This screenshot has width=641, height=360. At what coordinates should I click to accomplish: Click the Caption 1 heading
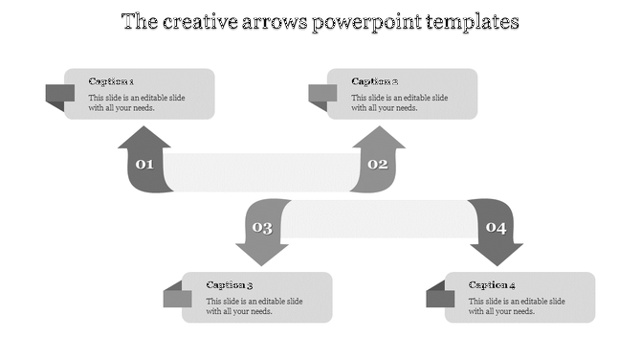(111, 81)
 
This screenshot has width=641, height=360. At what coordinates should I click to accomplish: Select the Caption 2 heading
(374, 81)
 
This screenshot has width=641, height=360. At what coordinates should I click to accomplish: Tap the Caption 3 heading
(230, 284)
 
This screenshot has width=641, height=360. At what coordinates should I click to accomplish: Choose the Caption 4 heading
(493, 284)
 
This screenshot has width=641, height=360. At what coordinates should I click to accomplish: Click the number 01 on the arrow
(144, 165)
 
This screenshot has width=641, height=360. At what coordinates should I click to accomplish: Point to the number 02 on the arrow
(378, 165)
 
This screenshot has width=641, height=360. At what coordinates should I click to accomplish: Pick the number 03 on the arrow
(261, 228)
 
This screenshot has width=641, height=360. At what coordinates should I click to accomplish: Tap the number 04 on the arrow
(496, 228)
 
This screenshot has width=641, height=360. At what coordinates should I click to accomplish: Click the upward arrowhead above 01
(144, 139)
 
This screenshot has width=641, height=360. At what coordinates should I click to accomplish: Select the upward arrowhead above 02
(378, 139)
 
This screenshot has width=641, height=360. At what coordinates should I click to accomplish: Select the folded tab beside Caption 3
(177, 297)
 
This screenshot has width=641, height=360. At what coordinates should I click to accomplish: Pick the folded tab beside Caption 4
(440, 297)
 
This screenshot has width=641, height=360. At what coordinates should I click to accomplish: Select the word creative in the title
(194, 21)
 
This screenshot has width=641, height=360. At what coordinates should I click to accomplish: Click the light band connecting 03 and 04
(378, 219)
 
